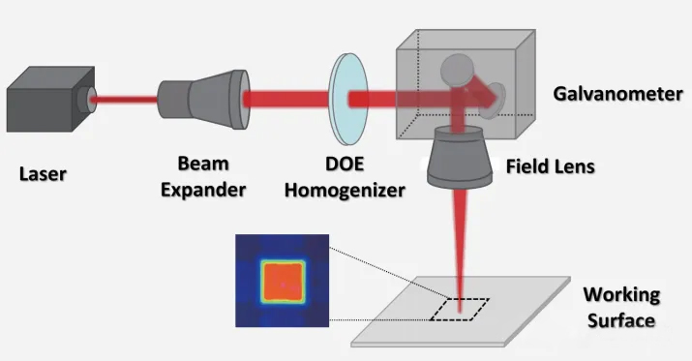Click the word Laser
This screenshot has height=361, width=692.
[43, 174]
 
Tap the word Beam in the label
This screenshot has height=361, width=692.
[203, 164]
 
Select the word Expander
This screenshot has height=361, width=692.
[203, 191]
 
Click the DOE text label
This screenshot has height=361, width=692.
[345, 164]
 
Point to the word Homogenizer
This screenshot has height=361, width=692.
[345, 191]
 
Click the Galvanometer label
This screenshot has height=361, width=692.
[617, 94]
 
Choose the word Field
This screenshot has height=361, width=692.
[527, 166]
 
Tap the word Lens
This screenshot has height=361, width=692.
[574, 166]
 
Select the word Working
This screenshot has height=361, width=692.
[621, 294]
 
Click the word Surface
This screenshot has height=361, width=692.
[621, 320]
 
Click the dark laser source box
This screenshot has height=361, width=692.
[48, 100]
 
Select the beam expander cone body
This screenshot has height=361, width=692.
[204, 100]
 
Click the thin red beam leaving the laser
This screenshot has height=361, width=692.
[125, 100]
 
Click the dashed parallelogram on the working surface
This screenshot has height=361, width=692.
[460, 310]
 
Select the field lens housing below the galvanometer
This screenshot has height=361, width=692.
[460, 157]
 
